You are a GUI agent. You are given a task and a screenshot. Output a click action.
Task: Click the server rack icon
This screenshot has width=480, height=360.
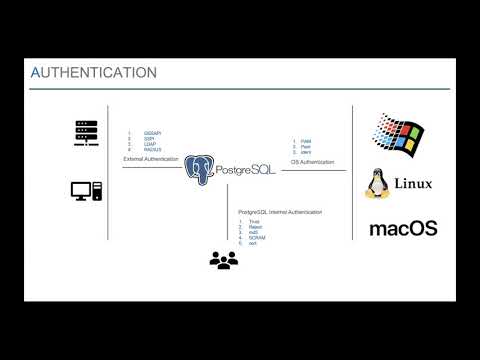(x=86, y=132)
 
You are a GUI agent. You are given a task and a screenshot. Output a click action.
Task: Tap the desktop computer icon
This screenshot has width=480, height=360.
(x=86, y=191)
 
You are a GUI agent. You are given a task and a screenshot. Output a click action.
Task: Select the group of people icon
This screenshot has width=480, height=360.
(x=224, y=259)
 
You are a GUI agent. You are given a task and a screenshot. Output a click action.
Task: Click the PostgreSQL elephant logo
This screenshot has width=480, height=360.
(x=200, y=168)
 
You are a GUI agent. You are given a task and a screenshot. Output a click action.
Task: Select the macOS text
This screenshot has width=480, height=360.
(x=403, y=228)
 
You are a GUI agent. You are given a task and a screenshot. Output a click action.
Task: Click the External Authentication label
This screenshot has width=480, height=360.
(x=151, y=159)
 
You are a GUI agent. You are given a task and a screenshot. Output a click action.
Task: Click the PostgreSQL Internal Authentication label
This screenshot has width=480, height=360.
(x=273, y=211)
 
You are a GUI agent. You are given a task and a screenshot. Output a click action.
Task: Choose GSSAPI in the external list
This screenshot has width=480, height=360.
(x=152, y=133)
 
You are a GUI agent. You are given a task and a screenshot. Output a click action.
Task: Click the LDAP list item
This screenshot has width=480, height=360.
(x=149, y=144)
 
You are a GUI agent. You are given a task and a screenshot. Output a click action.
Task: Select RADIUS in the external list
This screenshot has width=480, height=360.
(x=151, y=149)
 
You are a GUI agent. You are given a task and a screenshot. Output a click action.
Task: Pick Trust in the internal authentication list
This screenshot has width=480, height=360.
(x=252, y=221)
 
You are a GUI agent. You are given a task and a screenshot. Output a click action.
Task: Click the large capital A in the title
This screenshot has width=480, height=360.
(x=37, y=72)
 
